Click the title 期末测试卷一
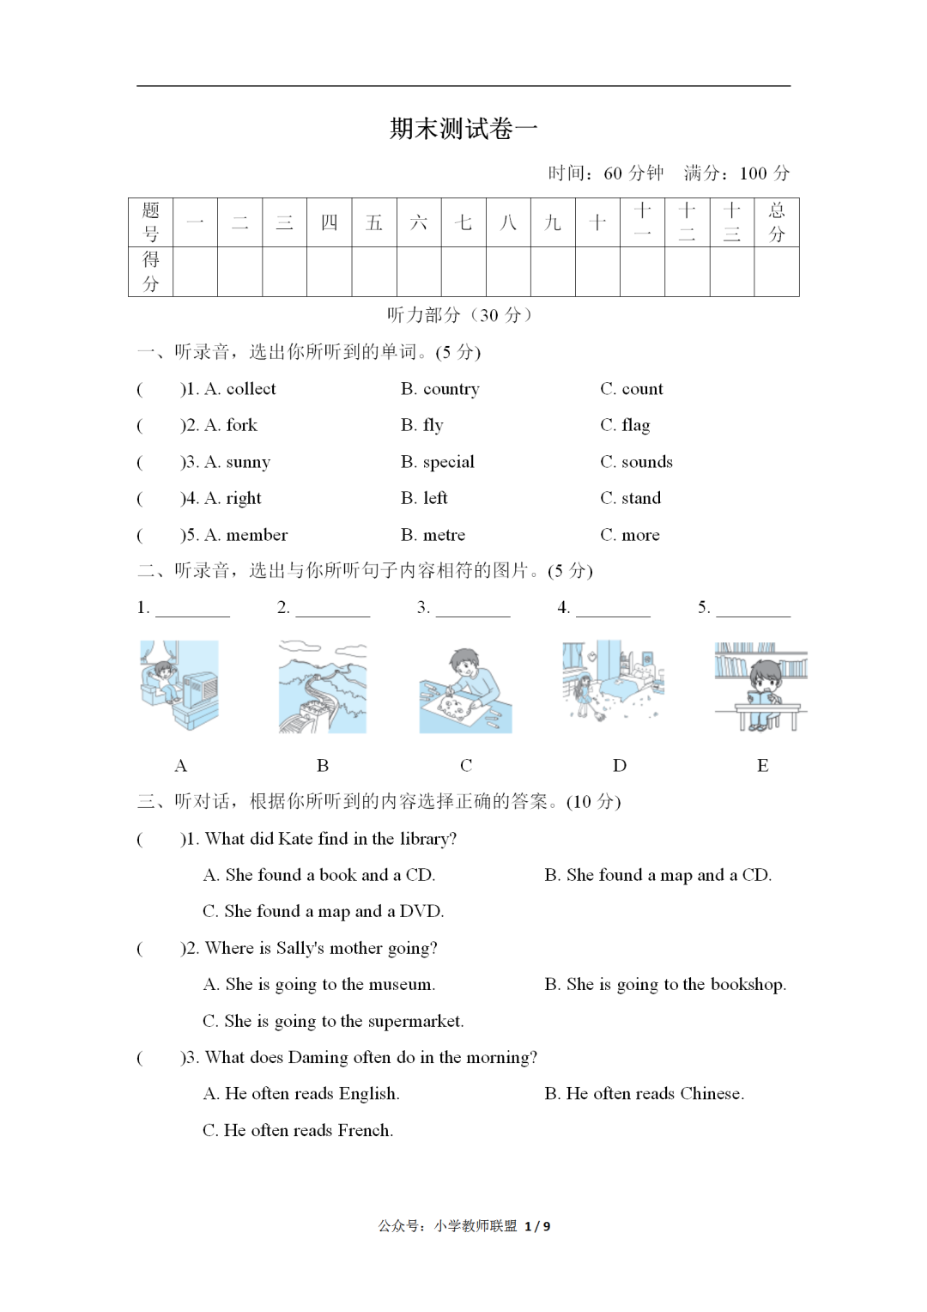click(463, 129)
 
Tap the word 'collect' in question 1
click(251, 389)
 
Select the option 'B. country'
click(439, 389)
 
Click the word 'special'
click(448, 462)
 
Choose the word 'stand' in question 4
click(641, 498)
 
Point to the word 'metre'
click(444, 535)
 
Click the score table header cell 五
click(374, 223)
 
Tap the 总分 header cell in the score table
click(776, 222)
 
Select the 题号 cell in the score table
click(151, 222)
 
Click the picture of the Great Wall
click(323, 687)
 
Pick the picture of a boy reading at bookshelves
click(760, 687)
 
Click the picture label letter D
click(620, 765)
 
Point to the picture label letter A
click(180, 765)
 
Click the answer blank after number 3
click(472, 609)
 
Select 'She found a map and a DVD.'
click(333, 911)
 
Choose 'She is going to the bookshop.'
click(676, 984)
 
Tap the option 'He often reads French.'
click(307, 1130)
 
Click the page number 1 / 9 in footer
click(537, 1226)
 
